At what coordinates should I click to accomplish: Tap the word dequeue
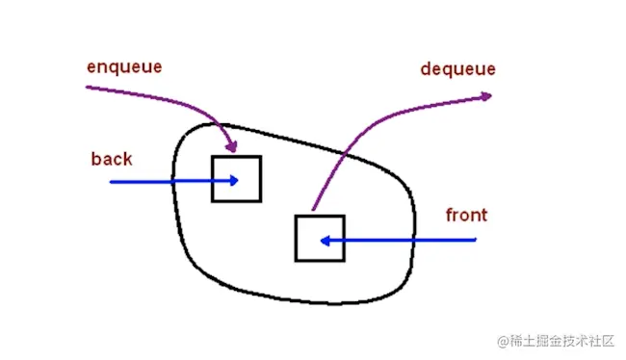(x=457, y=68)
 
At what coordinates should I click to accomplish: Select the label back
(x=112, y=158)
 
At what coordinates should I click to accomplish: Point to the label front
(x=466, y=215)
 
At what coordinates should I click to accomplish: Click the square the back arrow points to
(x=236, y=178)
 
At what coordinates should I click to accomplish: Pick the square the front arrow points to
(x=319, y=239)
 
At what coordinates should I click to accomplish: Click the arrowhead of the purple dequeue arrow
(x=487, y=94)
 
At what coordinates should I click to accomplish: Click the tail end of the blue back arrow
(x=111, y=181)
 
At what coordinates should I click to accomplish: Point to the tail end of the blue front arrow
(x=477, y=239)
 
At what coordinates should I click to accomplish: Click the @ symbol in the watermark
(x=502, y=342)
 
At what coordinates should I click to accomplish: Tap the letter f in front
(x=449, y=214)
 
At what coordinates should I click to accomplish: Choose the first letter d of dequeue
(x=426, y=68)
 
